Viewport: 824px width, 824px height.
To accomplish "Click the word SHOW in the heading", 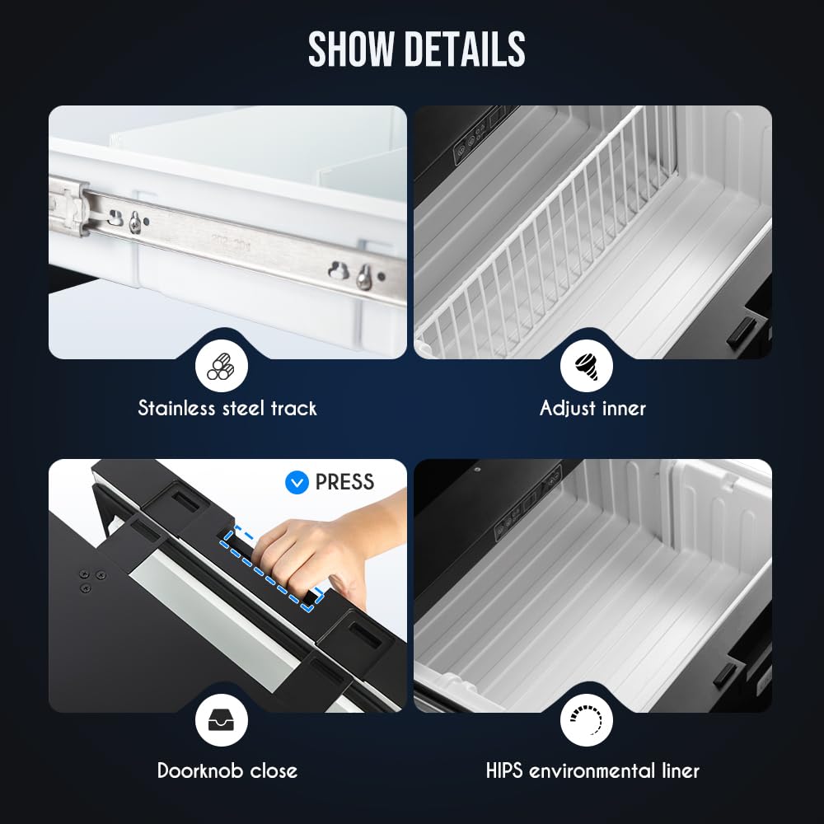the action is point(351,49).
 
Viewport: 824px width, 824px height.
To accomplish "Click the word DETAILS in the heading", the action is point(465,49).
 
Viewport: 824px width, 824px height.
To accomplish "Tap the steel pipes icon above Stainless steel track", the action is point(221,366).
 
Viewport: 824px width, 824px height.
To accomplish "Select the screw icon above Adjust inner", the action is point(586,366).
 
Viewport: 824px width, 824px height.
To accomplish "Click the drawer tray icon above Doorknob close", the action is point(221,720).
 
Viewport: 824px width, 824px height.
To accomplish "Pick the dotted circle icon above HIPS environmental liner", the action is point(586,720).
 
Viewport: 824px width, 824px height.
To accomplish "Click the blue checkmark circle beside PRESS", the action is point(297,482).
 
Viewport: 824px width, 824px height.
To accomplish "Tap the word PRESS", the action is point(344,482).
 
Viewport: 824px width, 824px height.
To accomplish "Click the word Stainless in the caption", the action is point(176,409).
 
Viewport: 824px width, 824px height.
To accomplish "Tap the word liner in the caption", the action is point(680,771).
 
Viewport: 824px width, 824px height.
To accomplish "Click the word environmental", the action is point(592,771).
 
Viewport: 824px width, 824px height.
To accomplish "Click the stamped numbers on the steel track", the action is point(232,243).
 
